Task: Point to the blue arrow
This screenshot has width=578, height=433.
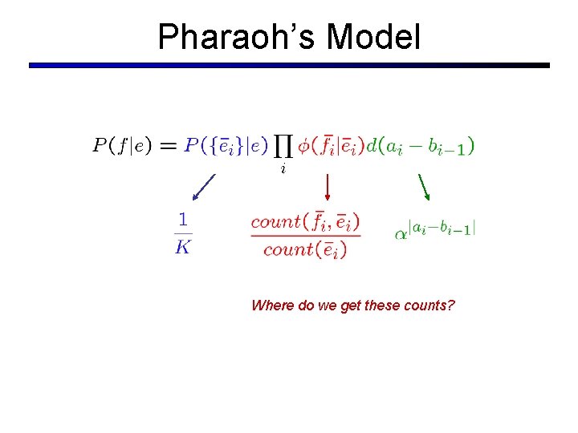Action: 204,188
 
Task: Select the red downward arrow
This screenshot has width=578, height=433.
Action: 327,187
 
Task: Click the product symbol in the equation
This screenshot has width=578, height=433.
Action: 283,146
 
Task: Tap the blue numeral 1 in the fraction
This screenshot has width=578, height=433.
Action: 183,218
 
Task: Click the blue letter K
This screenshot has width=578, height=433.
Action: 183,246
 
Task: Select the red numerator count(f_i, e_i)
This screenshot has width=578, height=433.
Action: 305,221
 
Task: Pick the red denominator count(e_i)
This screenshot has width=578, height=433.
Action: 305,249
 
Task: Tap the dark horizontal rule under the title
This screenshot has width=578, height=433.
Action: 289,65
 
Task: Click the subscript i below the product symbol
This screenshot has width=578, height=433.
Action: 283,169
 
